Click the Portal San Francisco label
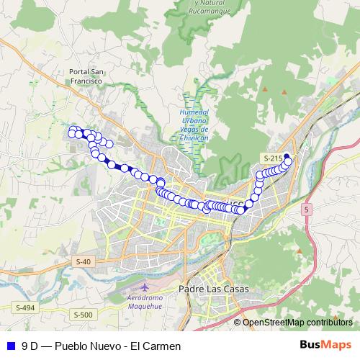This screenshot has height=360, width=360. [87, 76]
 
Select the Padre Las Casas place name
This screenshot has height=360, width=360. [217, 289]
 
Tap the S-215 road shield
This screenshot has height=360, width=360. [271, 158]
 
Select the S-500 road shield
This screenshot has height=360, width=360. [83, 315]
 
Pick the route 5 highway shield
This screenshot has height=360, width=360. [307, 209]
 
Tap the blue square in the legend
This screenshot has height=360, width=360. [9, 346]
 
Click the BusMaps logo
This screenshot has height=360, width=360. [326, 345]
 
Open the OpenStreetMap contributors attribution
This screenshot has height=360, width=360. [297, 323]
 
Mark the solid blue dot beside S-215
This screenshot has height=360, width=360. [286, 157]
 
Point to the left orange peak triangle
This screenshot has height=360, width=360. [264, 89]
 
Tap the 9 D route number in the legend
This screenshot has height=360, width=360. [30, 346]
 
